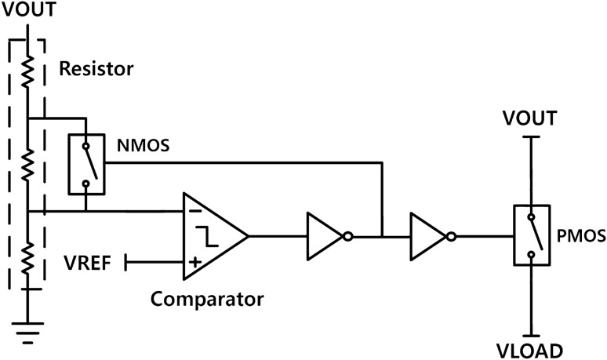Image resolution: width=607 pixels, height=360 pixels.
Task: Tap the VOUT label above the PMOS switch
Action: [530, 118]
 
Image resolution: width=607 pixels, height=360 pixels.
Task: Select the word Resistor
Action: [96, 69]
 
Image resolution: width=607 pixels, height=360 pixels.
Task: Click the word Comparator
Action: [207, 299]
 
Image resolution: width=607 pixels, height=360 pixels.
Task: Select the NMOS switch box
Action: [85, 163]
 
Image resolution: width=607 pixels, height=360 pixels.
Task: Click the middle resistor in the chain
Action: [28, 165]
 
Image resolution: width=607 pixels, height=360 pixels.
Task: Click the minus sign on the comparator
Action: [193, 210]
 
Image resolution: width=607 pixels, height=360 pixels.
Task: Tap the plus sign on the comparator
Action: [193, 263]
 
